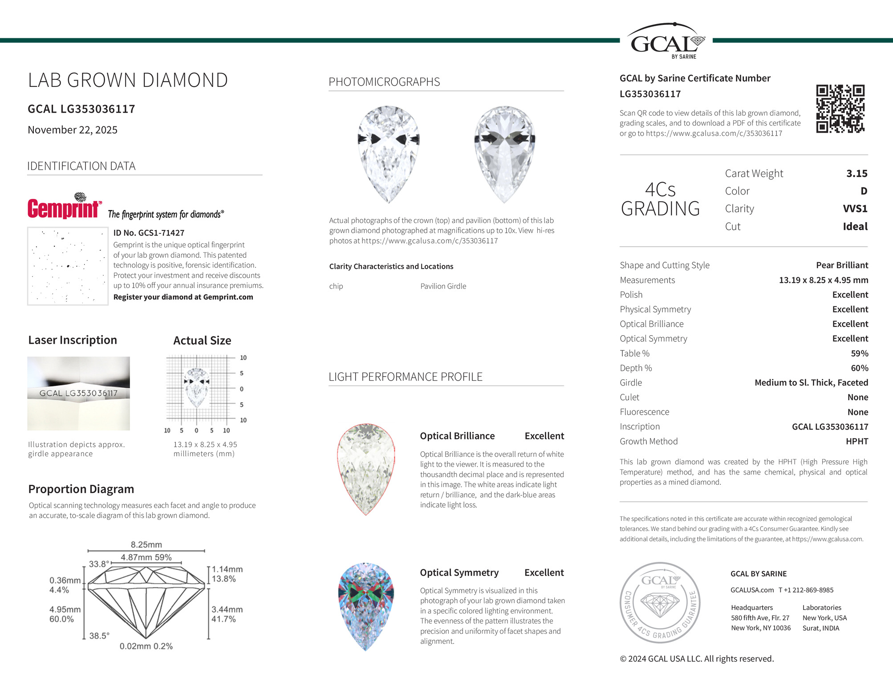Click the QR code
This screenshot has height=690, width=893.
(x=840, y=109)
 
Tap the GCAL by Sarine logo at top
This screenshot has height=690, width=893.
(x=666, y=41)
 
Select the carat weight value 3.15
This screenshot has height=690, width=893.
(x=856, y=173)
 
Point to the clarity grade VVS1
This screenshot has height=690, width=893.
(x=855, y=209)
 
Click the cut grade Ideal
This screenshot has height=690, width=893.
(x=855, y=227)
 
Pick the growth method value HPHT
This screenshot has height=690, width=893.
(x=856, y=441)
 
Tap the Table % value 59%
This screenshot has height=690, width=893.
(x=859, y=353)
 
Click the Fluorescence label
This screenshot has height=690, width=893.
(x=644, y=412)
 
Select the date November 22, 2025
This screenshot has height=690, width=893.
(x=73, y=130)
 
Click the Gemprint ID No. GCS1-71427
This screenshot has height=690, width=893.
(x=149, y=233)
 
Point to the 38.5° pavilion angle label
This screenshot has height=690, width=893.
(x=99, y=636)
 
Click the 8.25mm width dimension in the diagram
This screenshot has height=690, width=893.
(x=146, y=544)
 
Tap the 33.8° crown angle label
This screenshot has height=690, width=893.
(x=99, y=564)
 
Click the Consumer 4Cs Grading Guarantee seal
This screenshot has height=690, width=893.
(x=660, y=603)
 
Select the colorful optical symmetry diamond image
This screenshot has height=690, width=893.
(x=365, y=606)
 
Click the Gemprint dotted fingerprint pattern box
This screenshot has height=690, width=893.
(x=68, y=266)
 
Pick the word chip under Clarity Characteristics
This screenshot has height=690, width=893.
(x=336, y=286)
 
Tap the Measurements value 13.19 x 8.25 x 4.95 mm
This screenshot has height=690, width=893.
(x=823, y=280)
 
